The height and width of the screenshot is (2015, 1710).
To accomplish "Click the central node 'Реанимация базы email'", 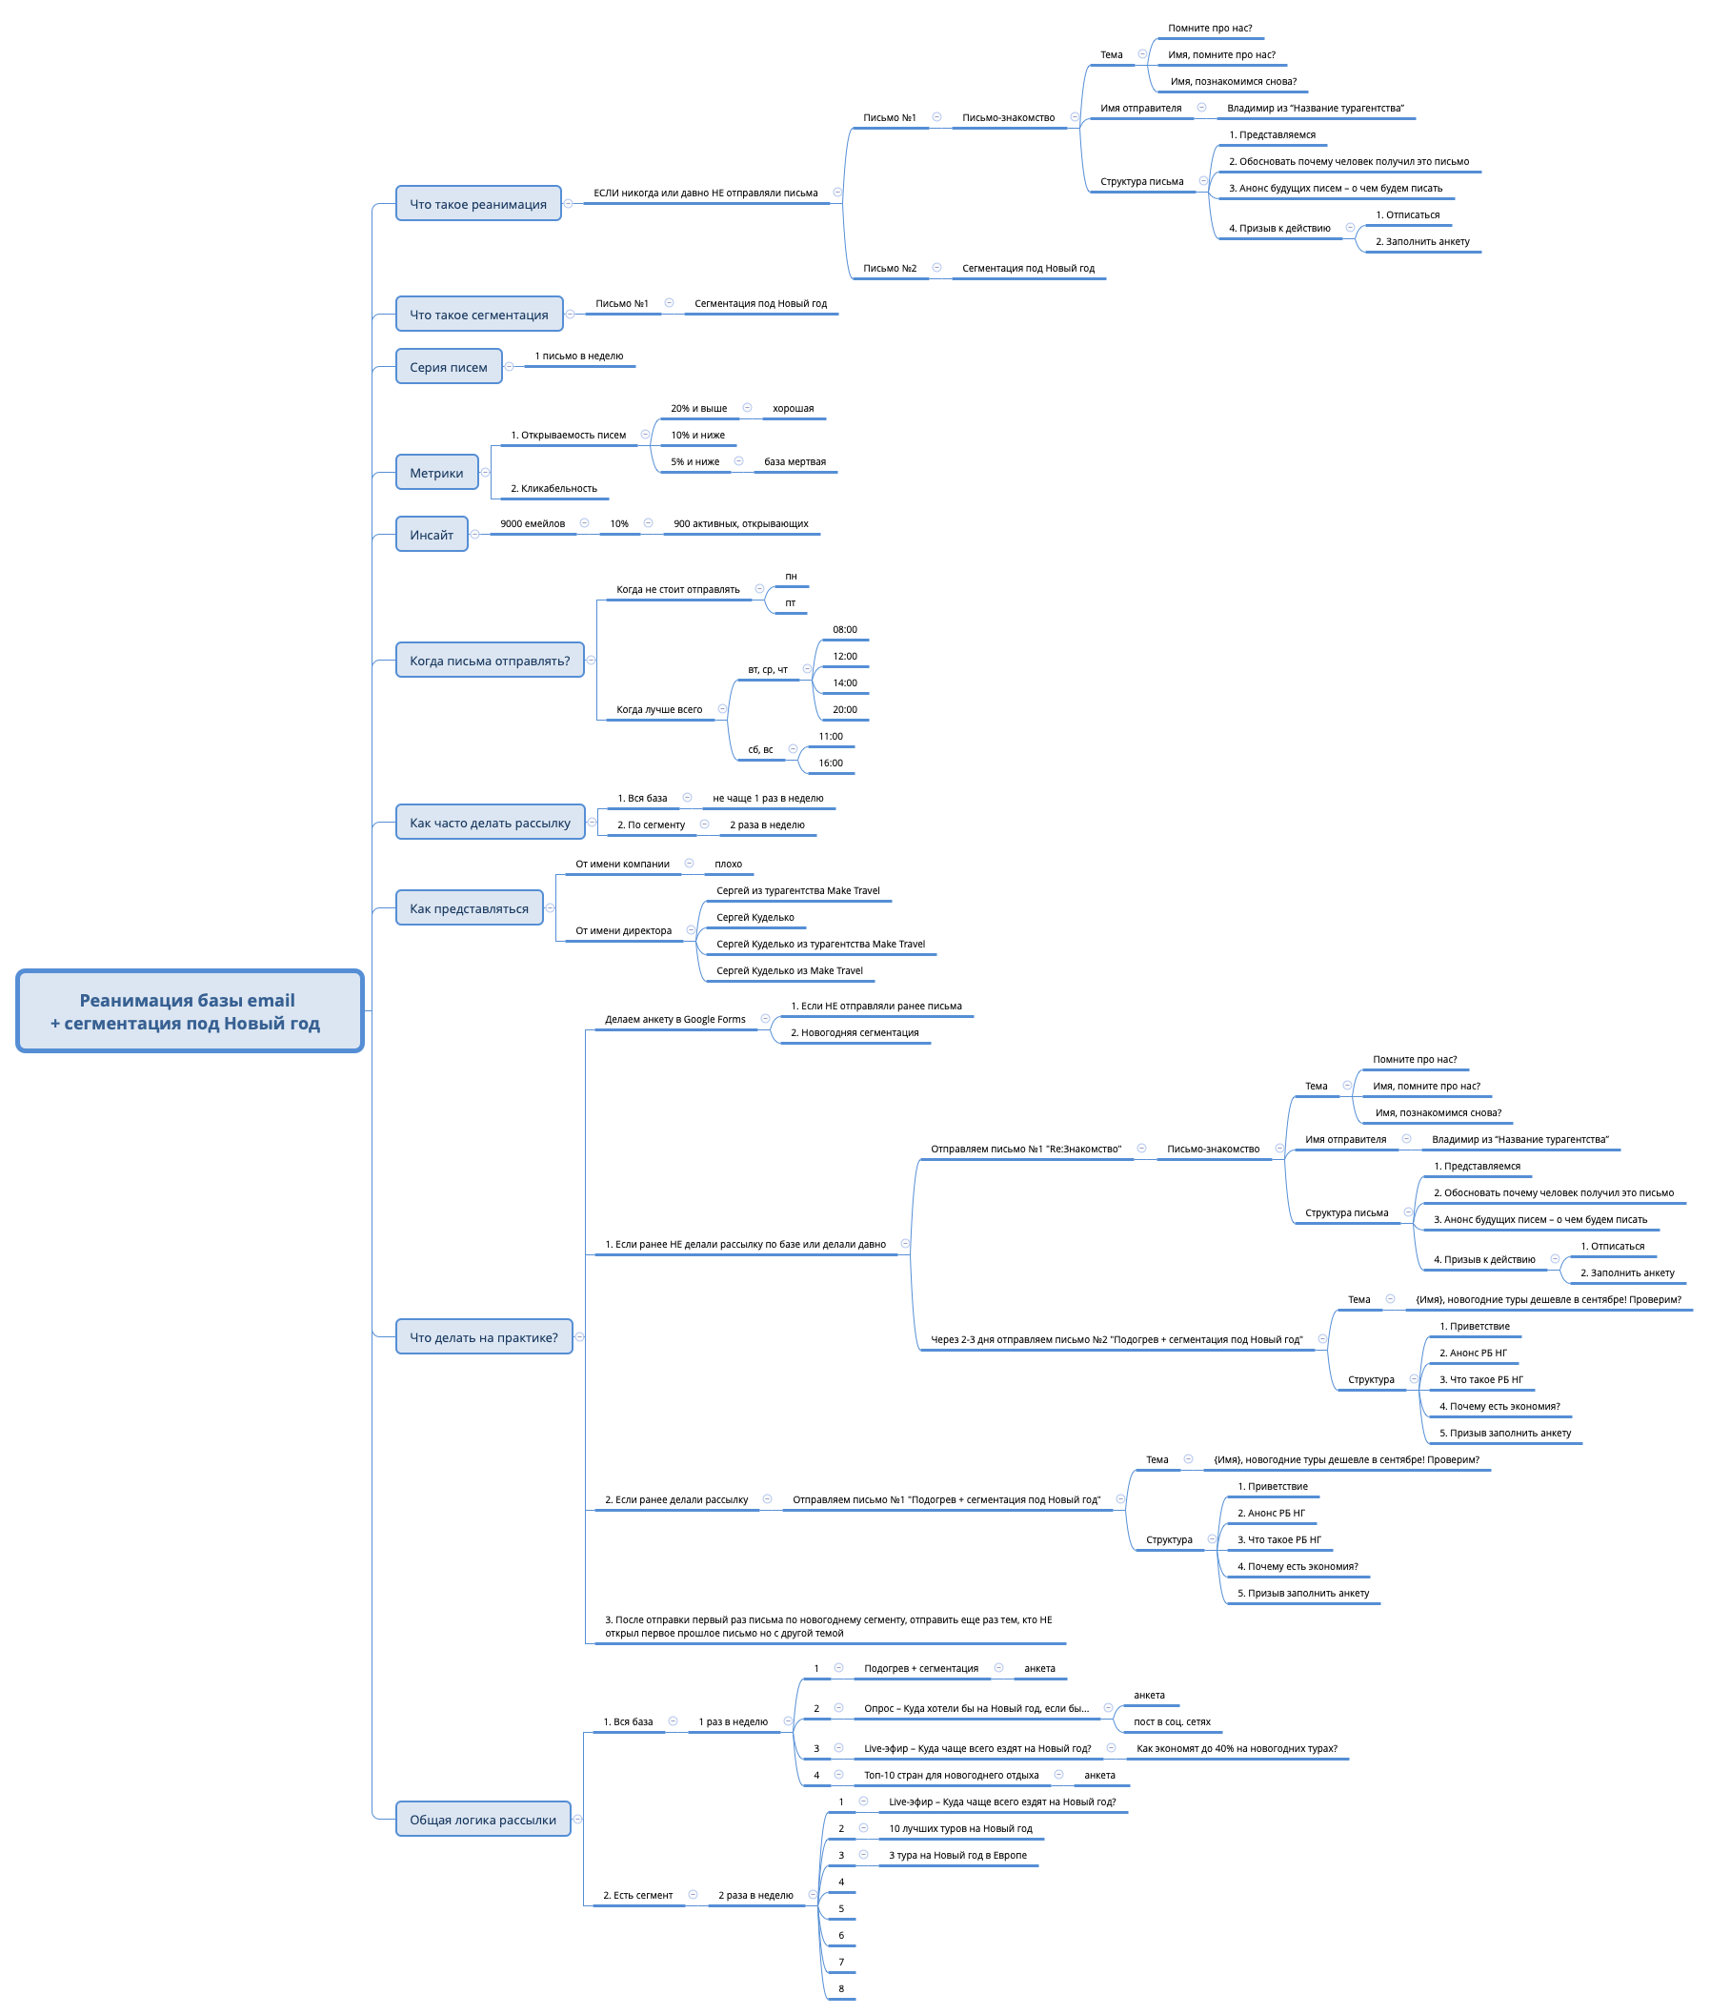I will click(189, 1010).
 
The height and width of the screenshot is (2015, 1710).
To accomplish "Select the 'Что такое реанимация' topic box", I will click(478, 204).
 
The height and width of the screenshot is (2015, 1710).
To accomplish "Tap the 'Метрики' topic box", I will click(436, 472).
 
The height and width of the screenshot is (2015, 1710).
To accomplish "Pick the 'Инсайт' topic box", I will click(432, 535).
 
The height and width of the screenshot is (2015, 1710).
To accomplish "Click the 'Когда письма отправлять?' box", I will click(490, 661).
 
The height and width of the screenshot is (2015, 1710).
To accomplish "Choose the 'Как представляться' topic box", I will click(470, 907).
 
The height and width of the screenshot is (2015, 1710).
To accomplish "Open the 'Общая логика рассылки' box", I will click(483, 1820).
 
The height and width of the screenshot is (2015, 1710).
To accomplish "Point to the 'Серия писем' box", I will click(449, 367).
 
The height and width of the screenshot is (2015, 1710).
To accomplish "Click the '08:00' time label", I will click(844, 629).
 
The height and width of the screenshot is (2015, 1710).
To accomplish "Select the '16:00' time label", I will click(831, 763).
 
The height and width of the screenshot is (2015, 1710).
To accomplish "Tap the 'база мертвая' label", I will click(795, 461).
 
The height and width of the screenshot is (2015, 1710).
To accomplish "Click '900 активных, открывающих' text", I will click(740, 523).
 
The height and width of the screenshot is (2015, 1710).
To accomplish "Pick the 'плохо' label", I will click(728, 863).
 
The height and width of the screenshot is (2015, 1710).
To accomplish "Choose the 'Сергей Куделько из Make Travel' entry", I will click(789, 969).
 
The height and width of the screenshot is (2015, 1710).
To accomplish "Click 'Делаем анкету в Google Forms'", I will click(674, 1019).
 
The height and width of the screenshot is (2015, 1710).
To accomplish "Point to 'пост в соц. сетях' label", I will click(1171, 1721).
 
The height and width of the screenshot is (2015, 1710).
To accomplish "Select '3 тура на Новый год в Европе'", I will click(956, 1855).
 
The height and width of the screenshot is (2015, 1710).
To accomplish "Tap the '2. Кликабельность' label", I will click(553, 488).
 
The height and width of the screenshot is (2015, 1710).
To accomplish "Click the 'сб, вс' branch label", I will click(760, 749).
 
